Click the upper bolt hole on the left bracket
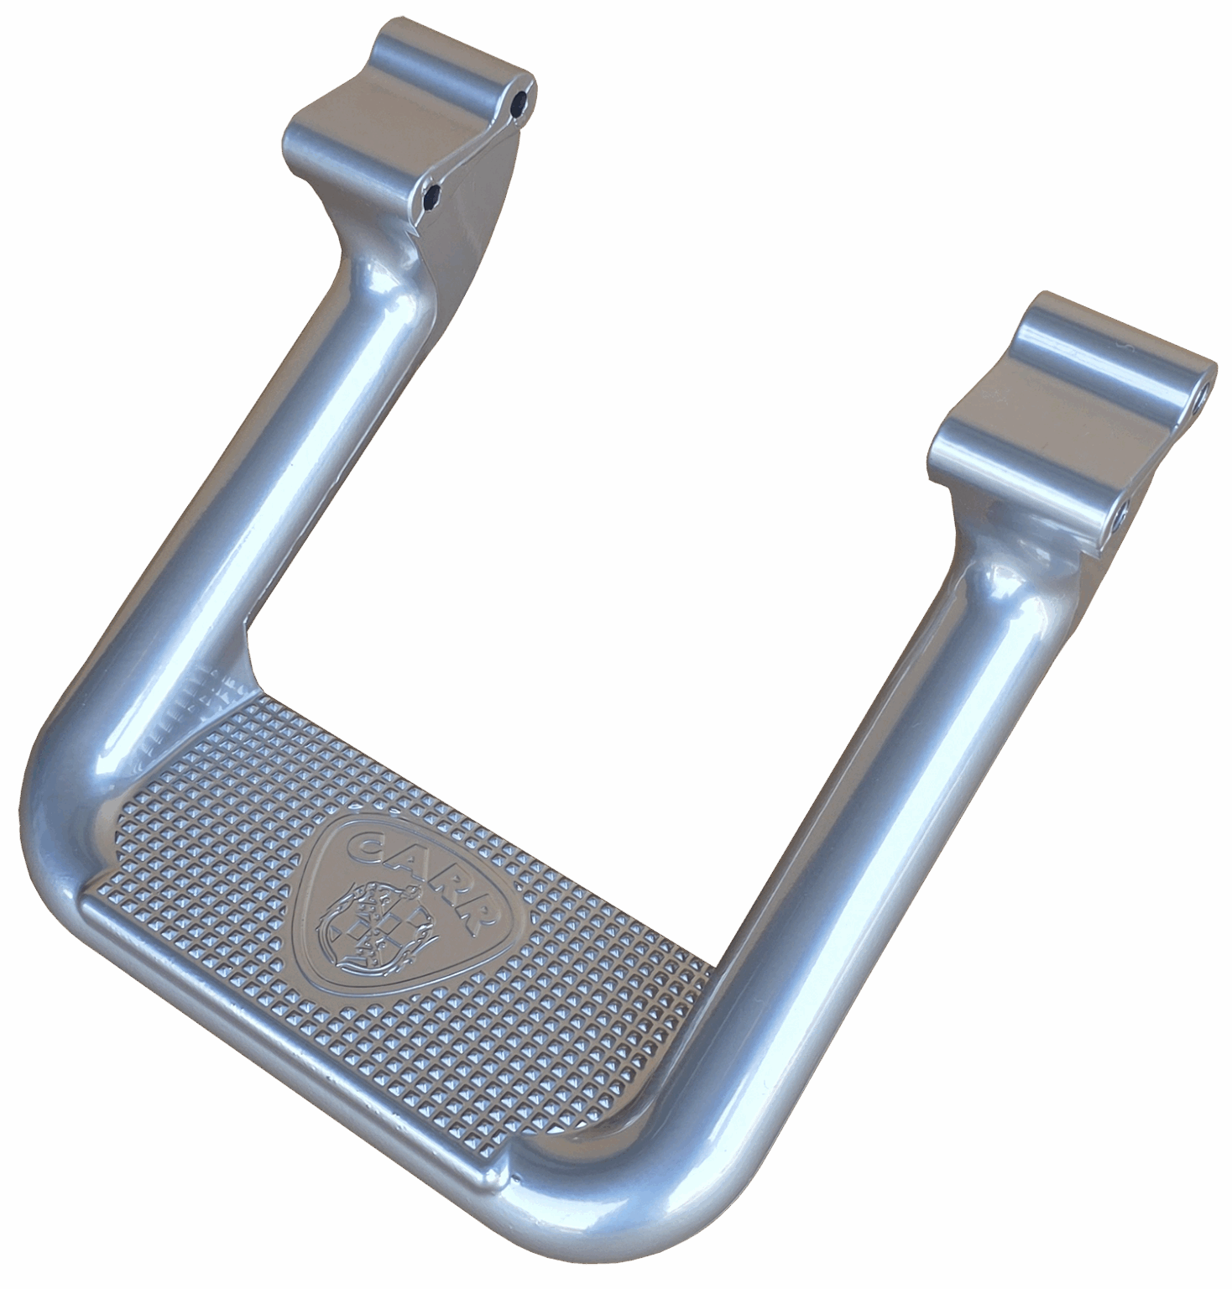[x=524, y=99]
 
